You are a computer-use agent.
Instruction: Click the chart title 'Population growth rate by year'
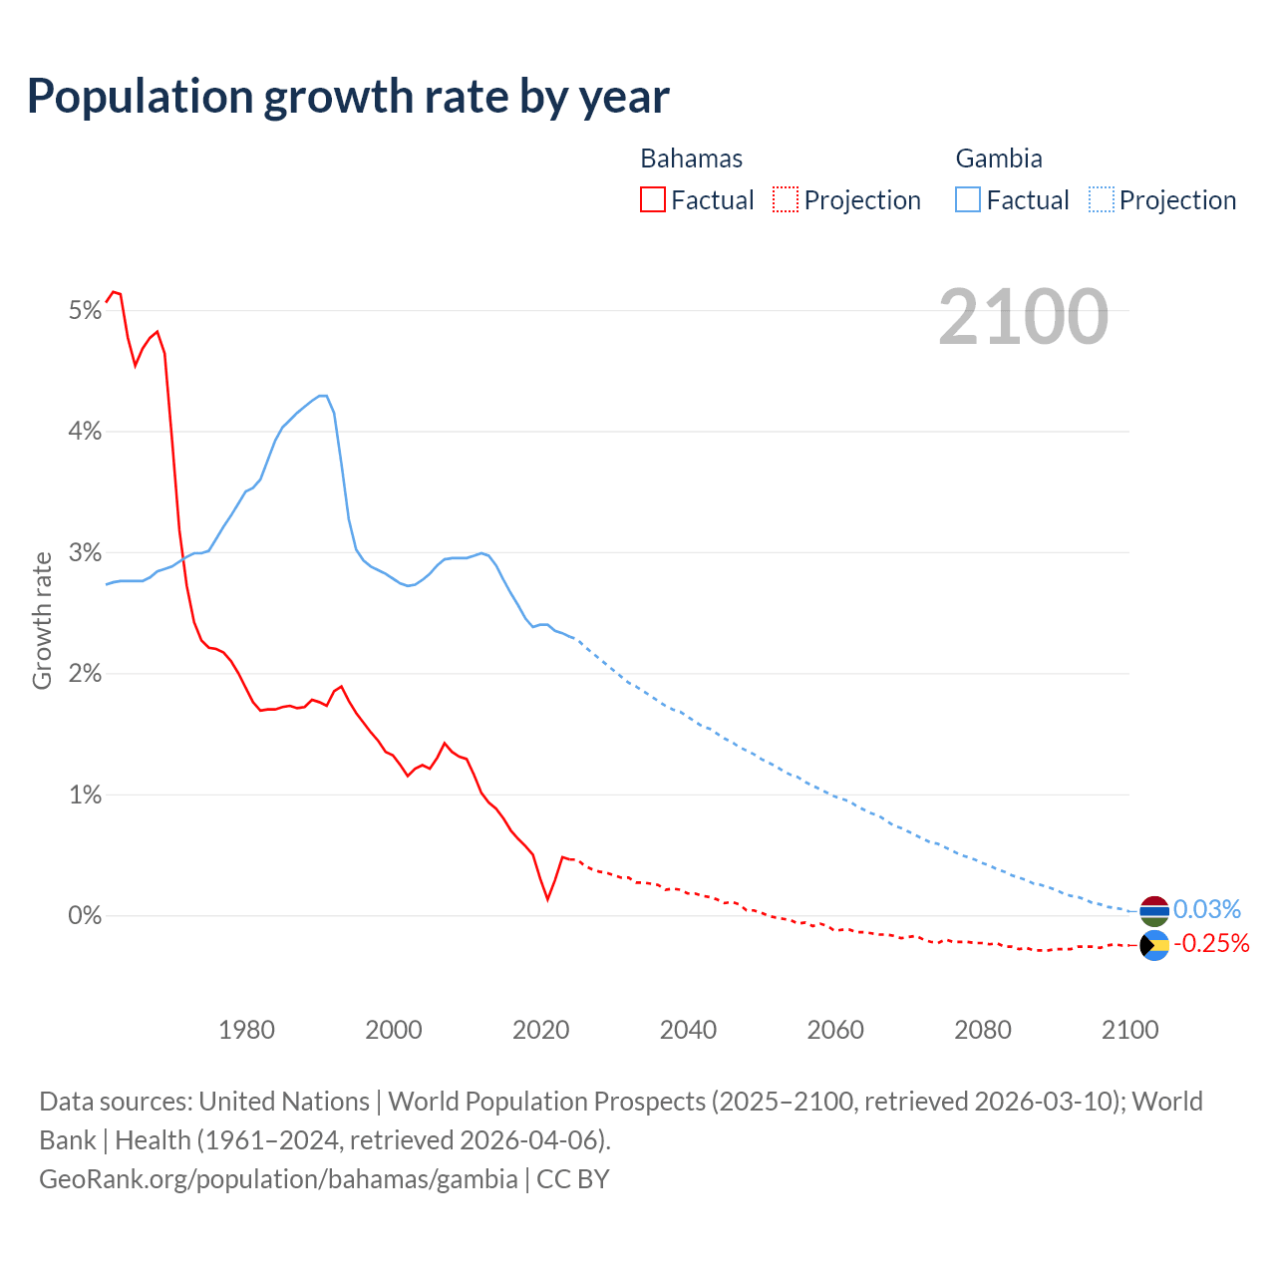tap(348, 97)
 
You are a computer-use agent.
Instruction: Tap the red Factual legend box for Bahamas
tap(652, 199)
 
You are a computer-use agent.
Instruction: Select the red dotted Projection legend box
tap(786, 199)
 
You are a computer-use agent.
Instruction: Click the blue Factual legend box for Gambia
tap(968, 199)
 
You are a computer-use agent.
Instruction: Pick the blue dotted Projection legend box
tap(1101, 199)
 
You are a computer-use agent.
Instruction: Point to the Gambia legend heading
tap(999, 159)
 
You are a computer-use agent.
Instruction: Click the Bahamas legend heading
tap(691, 159)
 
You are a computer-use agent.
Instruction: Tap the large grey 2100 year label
tap(1023, 316)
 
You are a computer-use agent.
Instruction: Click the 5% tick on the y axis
tap(86, 311)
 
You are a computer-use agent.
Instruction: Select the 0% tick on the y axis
tap(86, 915)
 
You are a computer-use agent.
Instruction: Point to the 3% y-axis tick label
tap(86, 553)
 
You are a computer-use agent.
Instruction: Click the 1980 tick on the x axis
tap(246, 1030)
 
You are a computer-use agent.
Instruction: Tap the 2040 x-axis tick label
tap(688, 1030)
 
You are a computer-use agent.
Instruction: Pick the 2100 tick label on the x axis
tap(1129, 1030)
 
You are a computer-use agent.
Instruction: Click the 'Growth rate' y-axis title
tap(42, 620)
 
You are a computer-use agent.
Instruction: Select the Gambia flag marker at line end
tap(1154, 910)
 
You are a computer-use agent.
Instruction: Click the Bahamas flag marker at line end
tap(1154, 945)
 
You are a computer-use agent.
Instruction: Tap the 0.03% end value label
tap(1206, 909)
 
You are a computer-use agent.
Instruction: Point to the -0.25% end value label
tap(1210, 943)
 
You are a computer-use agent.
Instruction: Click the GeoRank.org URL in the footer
tap(278, 1179)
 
